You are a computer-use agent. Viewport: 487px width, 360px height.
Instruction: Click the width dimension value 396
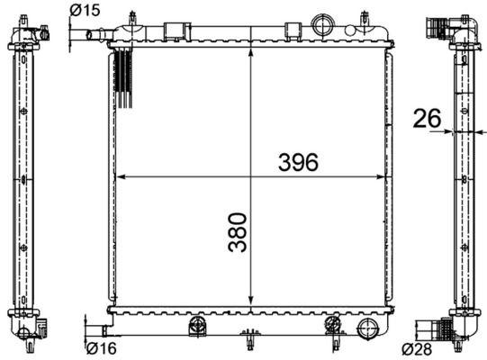[298, 162]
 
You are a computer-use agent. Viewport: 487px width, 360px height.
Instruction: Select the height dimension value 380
[236, 231]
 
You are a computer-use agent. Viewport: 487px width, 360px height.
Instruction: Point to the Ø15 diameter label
[84, 10]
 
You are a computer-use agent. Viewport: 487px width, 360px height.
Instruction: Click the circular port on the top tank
[320, 23]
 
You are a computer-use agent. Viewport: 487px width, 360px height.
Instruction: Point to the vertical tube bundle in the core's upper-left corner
[125, 76]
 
